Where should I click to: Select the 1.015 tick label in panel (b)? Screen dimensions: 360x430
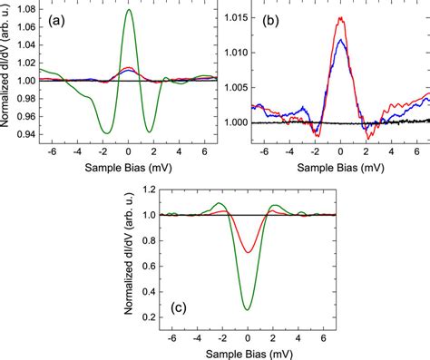236,17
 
